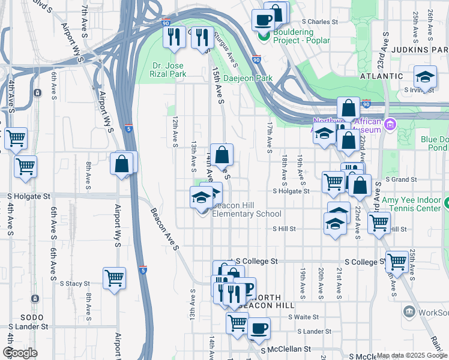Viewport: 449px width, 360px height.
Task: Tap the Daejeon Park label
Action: point(248,78)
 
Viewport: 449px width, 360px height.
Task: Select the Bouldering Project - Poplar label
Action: point(294,35)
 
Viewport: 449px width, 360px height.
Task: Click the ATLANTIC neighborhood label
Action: point(381,76)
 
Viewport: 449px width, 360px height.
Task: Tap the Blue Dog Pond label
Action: point(434,143)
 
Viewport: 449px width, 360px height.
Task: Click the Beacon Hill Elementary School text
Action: point(247,210)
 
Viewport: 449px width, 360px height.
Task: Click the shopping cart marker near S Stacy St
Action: point(114,278)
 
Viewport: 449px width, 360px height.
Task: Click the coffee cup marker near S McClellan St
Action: point(259,328)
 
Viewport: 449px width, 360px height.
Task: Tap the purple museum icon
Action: point(390,125)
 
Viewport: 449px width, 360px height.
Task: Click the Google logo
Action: point(20,353)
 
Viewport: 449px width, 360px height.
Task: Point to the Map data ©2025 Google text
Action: point(411,355)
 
